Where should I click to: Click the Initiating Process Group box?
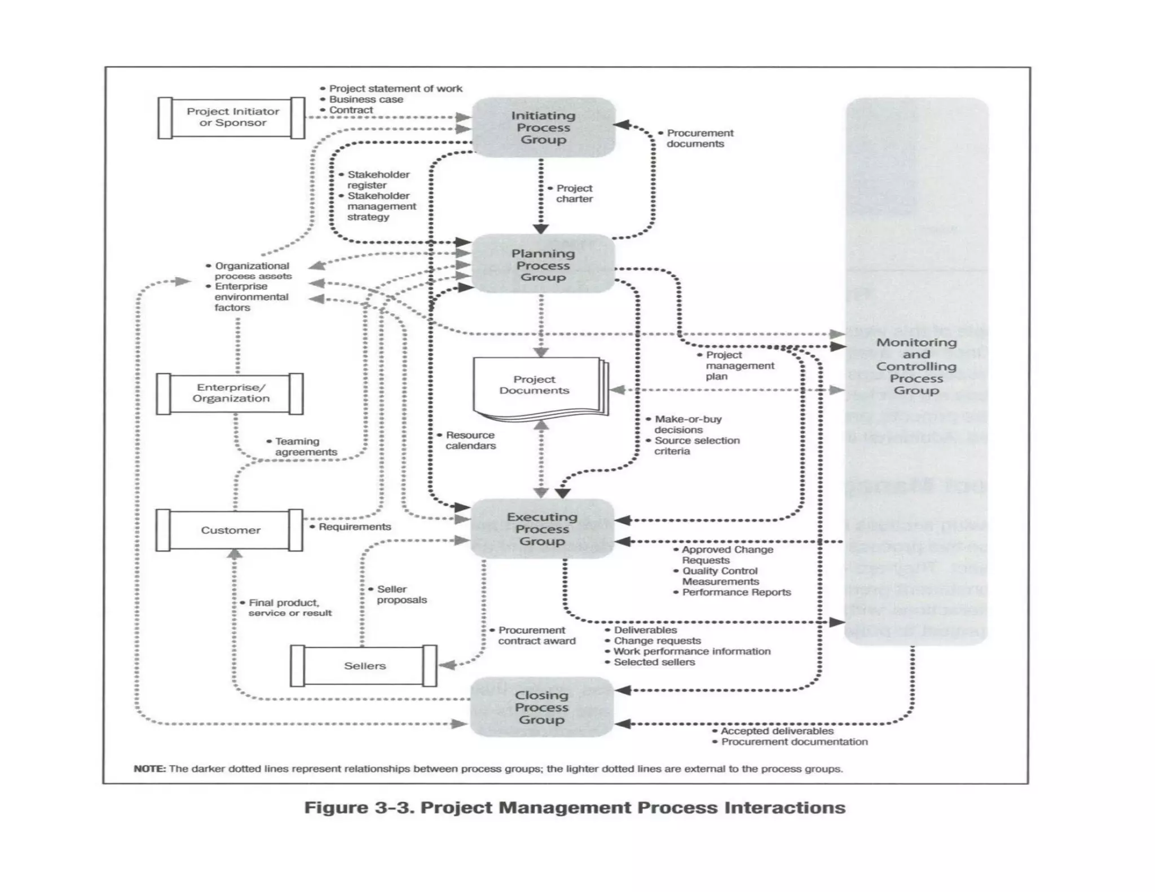pos(543,127)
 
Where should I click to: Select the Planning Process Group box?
pos(543,265)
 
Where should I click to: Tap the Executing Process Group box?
pos(542,529)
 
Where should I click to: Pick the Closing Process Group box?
pos(541,707)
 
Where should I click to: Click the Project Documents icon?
pos(536,386)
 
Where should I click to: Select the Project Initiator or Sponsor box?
pos(232,117)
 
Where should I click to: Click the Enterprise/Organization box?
pos(230,393)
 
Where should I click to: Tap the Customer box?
pos(230,530)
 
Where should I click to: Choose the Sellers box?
pos(364,665)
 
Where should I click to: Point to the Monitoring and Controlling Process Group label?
pos(916,366)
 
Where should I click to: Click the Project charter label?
pos(574,193)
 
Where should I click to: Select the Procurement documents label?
pos(699,138)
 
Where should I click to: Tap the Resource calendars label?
pos(470,440)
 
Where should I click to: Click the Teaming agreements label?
pos(305,447)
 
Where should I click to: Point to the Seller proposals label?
pos(400,594)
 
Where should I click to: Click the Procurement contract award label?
pos(536,635)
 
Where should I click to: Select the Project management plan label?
pos(738,365)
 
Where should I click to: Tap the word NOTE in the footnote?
pos(149,769)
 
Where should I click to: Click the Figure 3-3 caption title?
pos(574,807)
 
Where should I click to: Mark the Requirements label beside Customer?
pos(354,527)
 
